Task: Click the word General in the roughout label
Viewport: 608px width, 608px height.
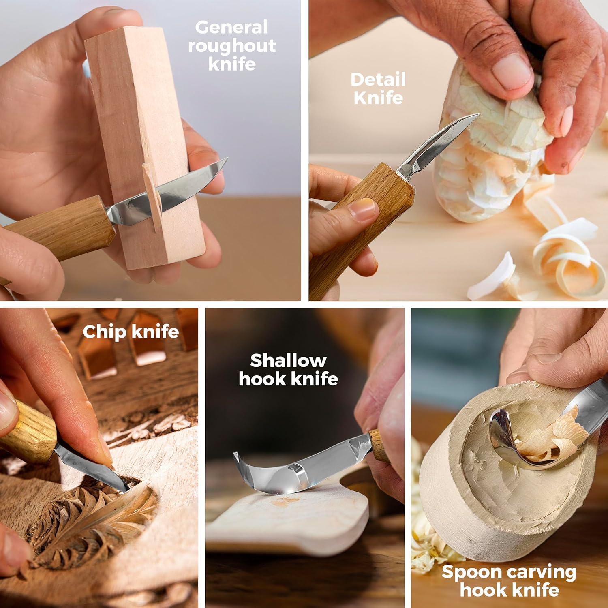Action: pos(231,28)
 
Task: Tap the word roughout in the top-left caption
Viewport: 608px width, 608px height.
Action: pos(231,46)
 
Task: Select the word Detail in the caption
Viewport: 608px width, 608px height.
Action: pos(378,79)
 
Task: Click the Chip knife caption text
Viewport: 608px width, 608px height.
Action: pos(131,332)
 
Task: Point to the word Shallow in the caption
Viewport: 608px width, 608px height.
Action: pos(288,360)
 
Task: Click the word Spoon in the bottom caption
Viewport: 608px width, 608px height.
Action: pos(472,572)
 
